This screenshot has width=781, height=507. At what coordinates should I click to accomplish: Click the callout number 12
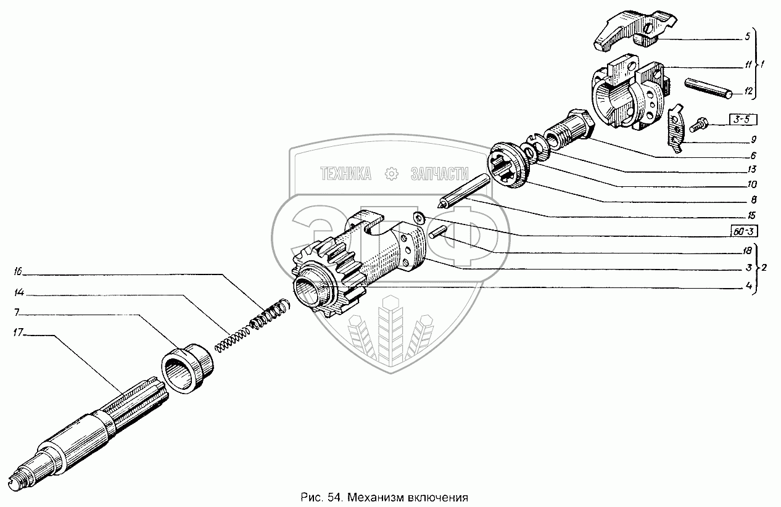[748, 93]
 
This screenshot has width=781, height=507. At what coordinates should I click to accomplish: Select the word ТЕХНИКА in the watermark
[346, 175]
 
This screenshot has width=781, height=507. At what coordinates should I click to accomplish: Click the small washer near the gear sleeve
[418, 216]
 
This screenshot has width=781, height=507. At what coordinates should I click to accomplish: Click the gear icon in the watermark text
[391, 175]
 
